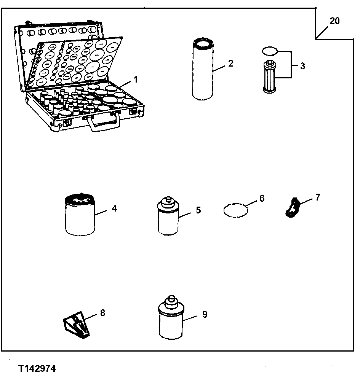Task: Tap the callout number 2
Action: click(x=231, y=63)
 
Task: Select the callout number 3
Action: click(x=302, y=66)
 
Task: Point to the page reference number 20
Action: click(x=334, y=21)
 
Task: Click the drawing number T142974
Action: click(x=37, y=369)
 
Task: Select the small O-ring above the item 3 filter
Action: click(x=269, y=50)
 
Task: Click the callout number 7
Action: click(x=318, y=197)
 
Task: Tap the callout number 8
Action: click(x=102, y=312)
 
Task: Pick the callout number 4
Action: click(x=114, y=208)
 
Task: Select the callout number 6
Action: click(x=261, y=198)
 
